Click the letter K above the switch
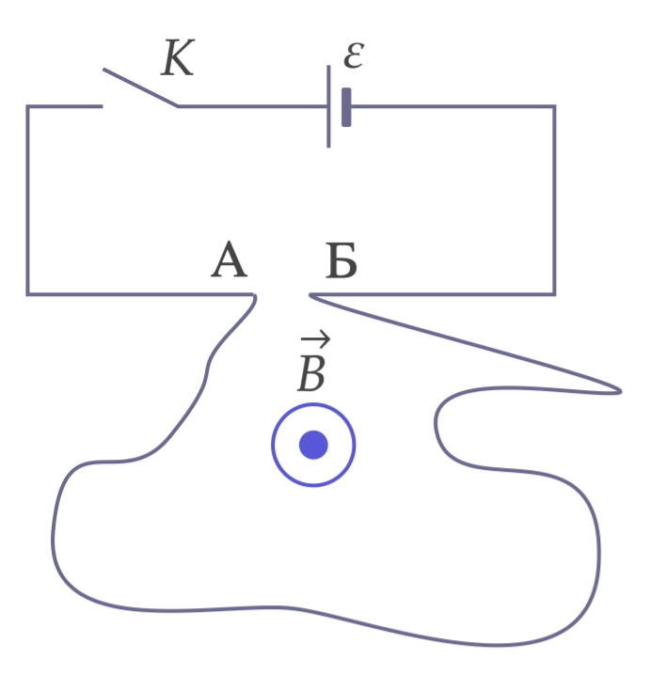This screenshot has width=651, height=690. point(178,57)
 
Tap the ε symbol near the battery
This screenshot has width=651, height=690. point(354,55)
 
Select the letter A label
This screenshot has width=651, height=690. point(229,259)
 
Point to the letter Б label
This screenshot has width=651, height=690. point(341,260)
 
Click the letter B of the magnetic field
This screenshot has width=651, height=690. point(311,373)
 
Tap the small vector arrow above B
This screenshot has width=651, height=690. point(315,338)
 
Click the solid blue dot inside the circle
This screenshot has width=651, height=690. point(313,445)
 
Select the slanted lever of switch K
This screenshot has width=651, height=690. point(140,87)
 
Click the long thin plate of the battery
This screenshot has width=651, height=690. point(328,106)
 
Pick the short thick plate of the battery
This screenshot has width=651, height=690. point(346,107)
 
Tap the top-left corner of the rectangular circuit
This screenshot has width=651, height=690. point(27,106)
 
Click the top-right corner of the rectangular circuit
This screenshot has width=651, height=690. point(554,106)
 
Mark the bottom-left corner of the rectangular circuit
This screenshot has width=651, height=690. point(27,294)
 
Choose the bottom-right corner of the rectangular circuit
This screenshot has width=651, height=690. point(554,294)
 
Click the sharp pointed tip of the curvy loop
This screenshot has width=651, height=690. point(621,391)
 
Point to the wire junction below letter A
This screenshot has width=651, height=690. point(254,294)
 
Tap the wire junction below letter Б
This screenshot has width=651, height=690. point(310,294)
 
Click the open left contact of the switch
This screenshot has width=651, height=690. point(103,106)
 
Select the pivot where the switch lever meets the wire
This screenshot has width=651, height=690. point(178,106)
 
